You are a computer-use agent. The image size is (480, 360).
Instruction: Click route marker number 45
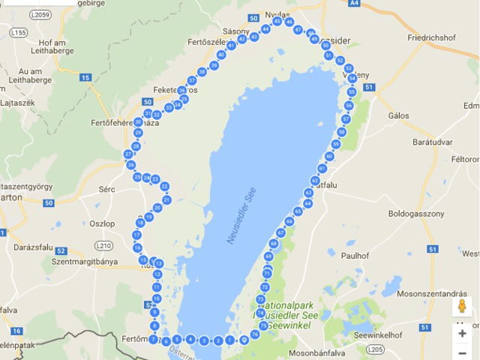(277, 21)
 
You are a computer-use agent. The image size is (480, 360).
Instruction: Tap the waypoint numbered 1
(229, 340)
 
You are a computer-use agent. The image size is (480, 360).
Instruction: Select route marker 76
(255, 334)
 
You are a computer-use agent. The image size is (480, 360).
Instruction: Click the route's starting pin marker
(243, 340)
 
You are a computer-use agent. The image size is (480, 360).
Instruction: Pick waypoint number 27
(128, 154)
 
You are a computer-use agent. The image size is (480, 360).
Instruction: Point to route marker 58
(341, 132)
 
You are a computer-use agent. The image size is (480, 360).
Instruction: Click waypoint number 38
(202, 72)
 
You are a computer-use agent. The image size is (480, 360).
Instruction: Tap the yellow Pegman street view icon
(462, 306)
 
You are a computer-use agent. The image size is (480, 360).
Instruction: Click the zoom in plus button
(462, 333)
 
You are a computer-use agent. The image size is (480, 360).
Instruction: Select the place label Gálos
(399, 116)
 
